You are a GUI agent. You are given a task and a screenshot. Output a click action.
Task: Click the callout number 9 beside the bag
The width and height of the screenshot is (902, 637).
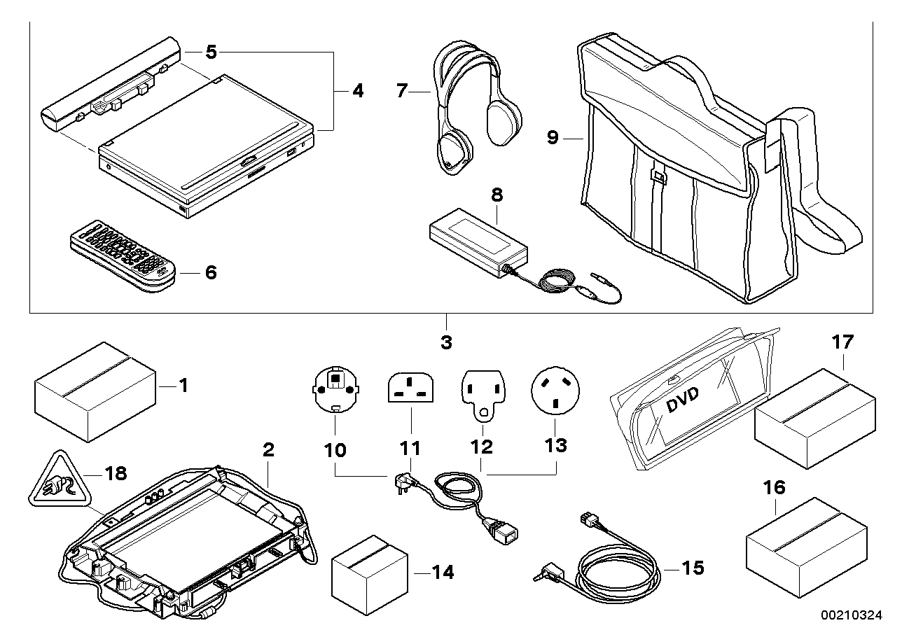pyautogui.click(x=553, y=139)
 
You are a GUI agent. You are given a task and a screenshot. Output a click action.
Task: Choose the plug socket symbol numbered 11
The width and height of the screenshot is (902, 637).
pyautogui.click(x=410, y=388)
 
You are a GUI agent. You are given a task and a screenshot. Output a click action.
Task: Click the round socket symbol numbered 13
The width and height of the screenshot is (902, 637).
pyautogui.click(x=556, y=391)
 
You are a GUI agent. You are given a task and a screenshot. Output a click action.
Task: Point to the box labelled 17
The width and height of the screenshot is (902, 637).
pyautogui.click(x=814, y=416)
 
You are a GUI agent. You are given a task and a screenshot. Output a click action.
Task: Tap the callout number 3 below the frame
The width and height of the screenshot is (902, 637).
pyautogui.click(x=446, y=343)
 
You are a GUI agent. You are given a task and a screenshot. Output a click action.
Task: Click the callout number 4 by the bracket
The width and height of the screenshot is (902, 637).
pyautogui.click(x=357, y=91)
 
